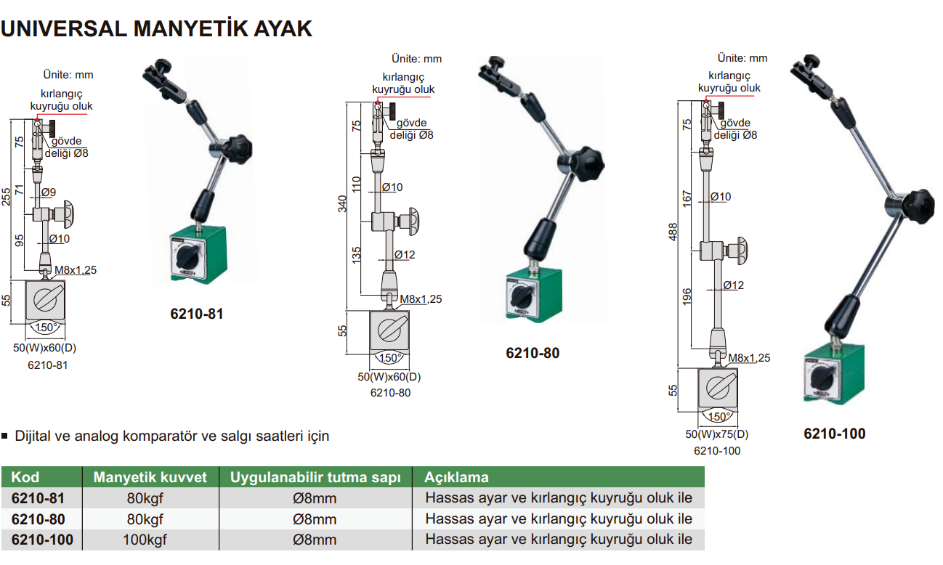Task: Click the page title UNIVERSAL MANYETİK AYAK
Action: coord(157,28)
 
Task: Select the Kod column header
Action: coord(25,477)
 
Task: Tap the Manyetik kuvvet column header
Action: coord(150,477)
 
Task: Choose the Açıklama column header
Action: coord(456,477)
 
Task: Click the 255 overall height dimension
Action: coord(7,197)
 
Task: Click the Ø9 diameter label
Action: coord(49,192)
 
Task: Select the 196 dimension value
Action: coord(687,296)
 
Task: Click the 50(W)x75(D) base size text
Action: coord(716,435)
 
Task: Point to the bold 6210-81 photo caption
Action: coord(197,314)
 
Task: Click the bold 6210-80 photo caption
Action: coord(533,354)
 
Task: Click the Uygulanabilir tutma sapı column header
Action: coord(315,477)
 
